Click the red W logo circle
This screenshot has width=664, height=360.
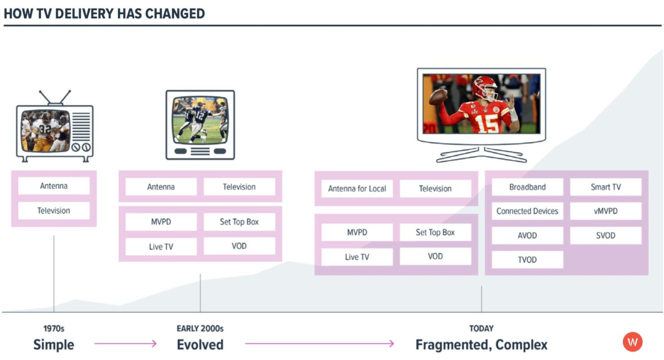(x=632, y=342)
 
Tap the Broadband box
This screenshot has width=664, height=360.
(x=527, y=187)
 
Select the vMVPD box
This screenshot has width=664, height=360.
(x=605, y=211)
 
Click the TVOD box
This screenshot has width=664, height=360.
(x=527, y=260)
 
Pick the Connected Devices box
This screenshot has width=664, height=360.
(x=527, y=211)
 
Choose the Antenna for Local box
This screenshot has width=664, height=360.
(x=357, y=189)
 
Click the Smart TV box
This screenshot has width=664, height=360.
(x=605, y=187)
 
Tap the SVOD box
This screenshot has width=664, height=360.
(x=605, y=236)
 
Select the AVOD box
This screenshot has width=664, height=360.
(x=527, y=236)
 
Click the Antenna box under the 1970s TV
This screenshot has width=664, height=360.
(x=54, y=186)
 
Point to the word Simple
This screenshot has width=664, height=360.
(x=54, y=345)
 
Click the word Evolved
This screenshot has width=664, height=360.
(x=200, y=345)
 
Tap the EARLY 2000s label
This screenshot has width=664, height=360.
(x=200, y=328)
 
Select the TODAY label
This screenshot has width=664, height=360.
(x=481, y=328)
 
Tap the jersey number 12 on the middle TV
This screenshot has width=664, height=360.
(x=200, y=115)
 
